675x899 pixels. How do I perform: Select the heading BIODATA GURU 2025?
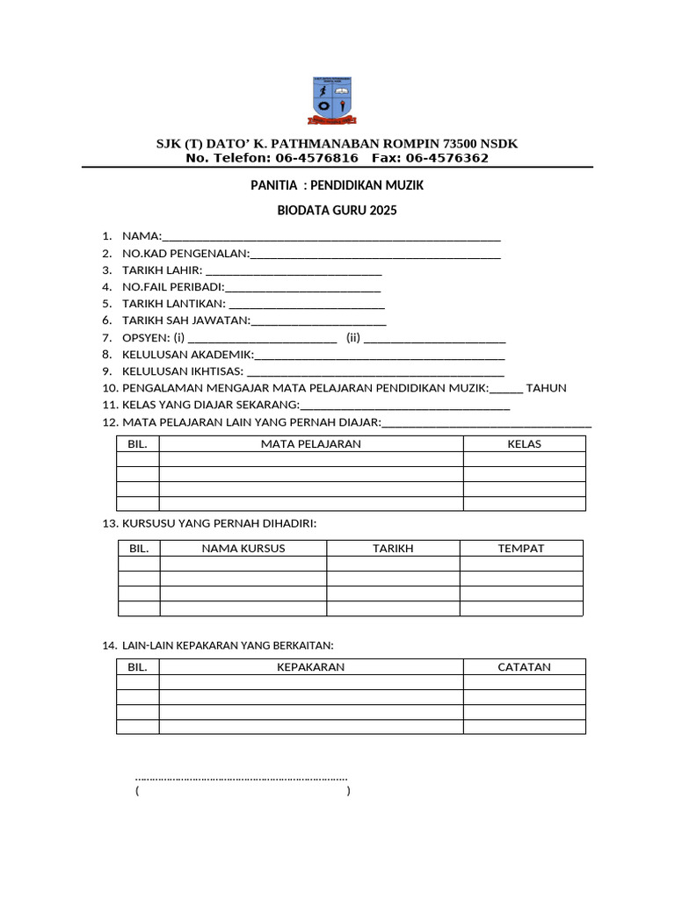pos(337,211)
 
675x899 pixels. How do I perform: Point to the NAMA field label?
pos(142,236)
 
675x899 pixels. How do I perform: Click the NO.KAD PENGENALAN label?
pos(185,255)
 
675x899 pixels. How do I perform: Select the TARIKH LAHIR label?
pos(163,270)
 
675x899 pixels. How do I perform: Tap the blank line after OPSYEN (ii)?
pos(434,338)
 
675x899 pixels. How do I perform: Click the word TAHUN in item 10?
pos(546,388)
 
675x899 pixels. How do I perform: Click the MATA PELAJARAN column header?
pos(311,444)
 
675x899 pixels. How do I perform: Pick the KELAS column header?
pos(524,444)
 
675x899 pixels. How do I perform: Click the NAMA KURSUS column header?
pos(243,549)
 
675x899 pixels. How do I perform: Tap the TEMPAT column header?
pos(521,549)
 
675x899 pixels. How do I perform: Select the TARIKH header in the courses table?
pos(393,549)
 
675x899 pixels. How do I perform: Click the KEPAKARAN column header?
pos(311,667)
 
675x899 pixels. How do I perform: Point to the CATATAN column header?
pos(524,667)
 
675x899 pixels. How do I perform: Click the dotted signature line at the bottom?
pos(242,778)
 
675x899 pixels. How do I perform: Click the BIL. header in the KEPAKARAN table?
pos(138,667)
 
